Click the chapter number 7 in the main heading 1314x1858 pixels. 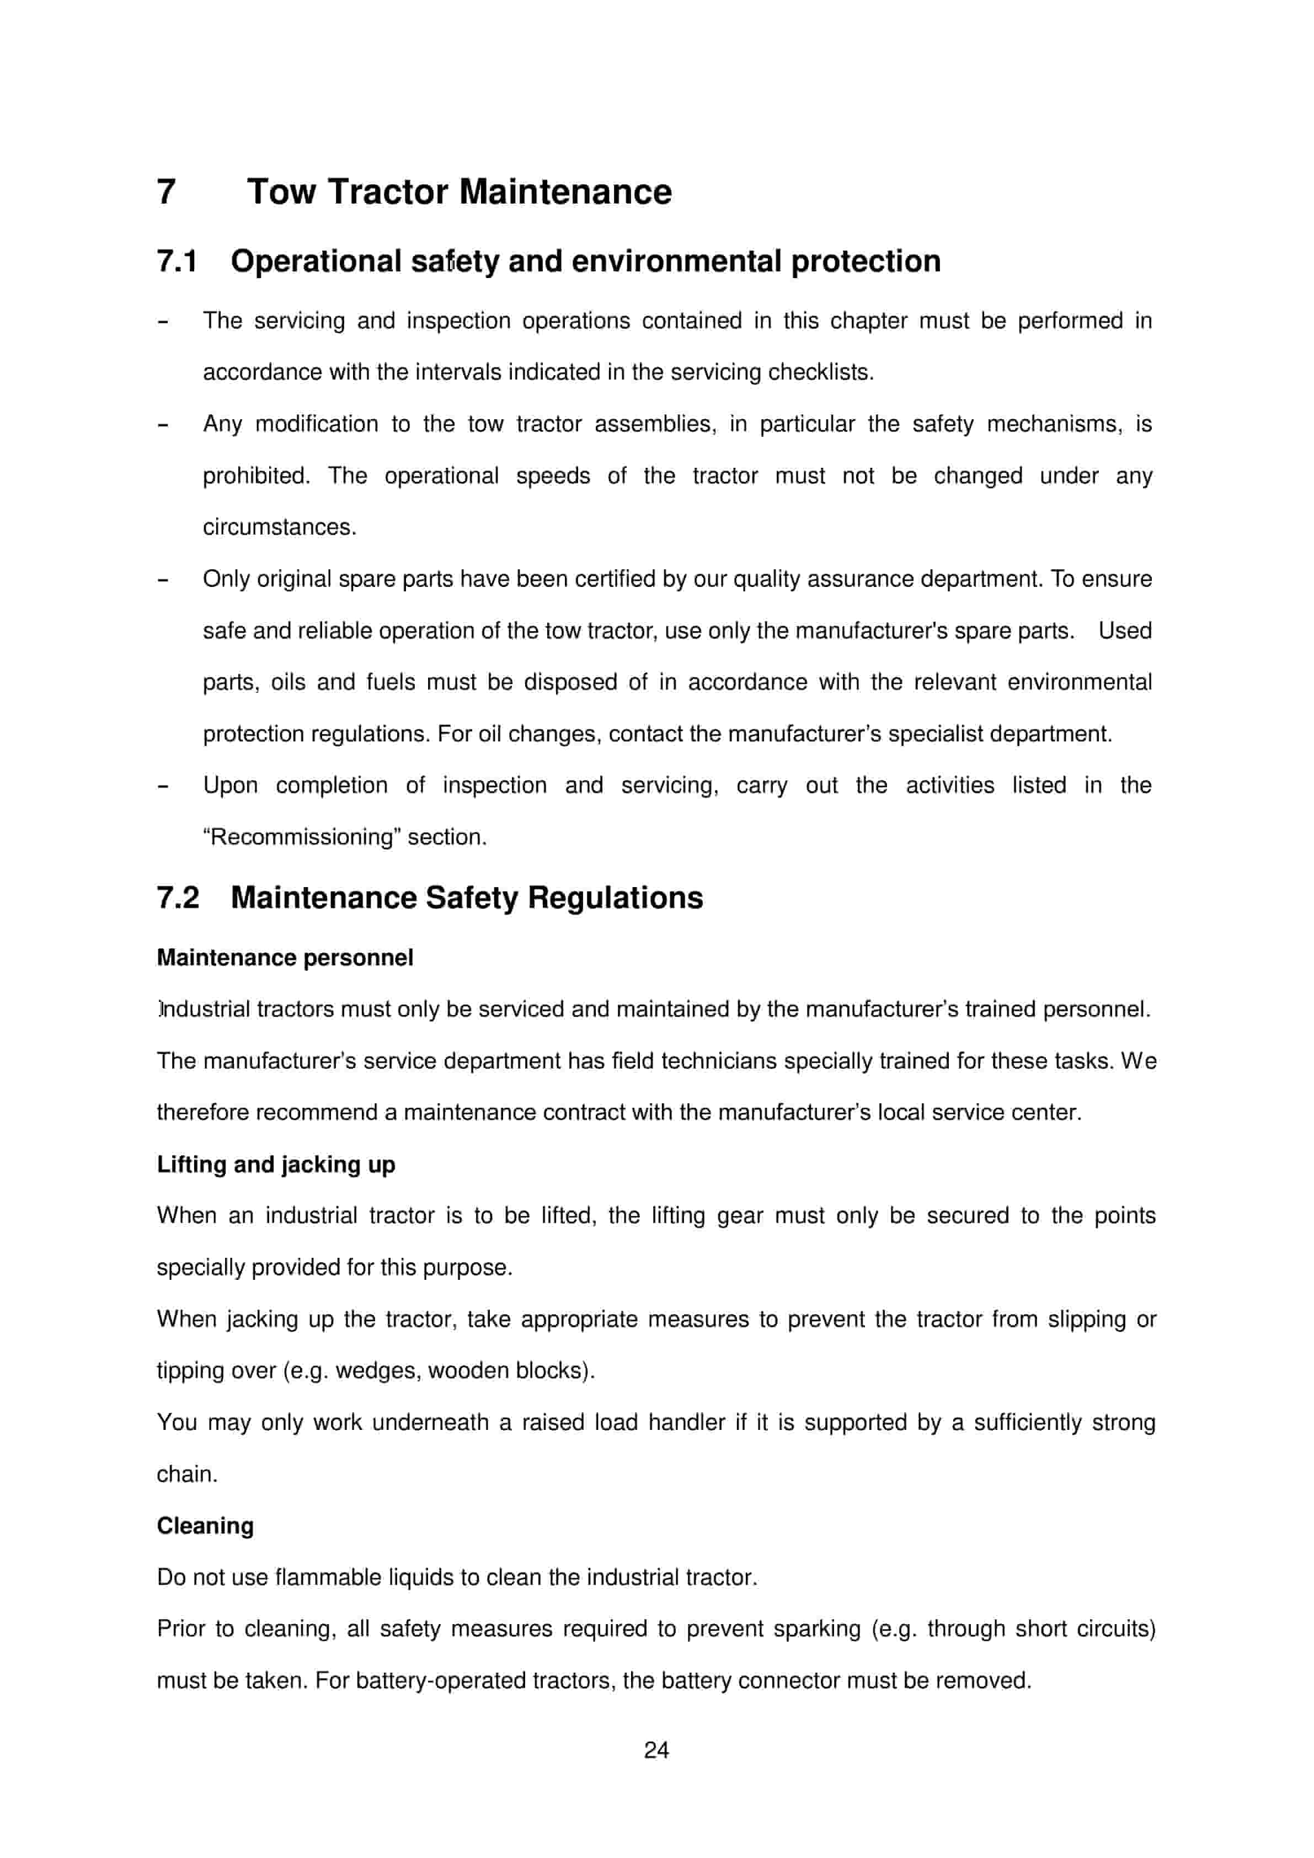(x=166, y=193)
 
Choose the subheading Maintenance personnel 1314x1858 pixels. (x=285, y=958)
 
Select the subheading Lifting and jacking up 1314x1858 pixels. (x=276, y=1165)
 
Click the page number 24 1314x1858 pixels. (x=656, y=1750)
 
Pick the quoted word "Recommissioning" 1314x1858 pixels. (x=302, y=837)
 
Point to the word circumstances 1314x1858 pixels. (x=279, y=527)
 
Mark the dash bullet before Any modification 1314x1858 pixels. (x=163, y=425)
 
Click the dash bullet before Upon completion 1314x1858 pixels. (x=163, y=786)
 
